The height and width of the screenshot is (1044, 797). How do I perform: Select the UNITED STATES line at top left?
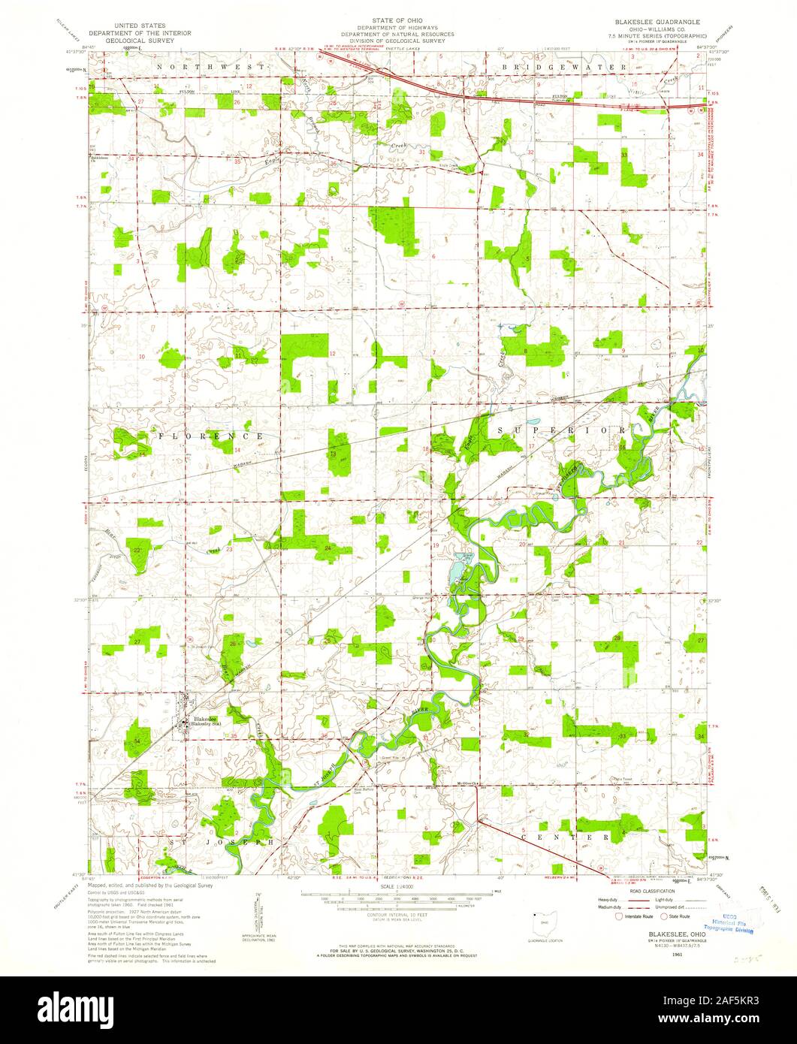click(139, 26)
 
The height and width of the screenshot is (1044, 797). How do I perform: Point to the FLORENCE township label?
click(210, 436)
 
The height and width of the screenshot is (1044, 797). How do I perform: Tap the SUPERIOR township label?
click(560, 428)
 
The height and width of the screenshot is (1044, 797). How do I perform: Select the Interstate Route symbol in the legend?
click(619, 916)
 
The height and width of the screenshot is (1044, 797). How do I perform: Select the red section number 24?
click(328, 548)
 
